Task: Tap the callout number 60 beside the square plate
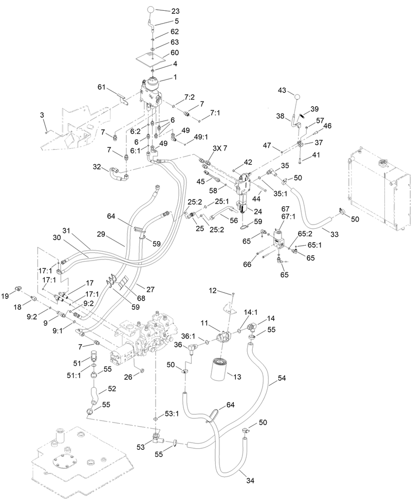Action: coord(175,52)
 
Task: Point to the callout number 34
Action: coord(250,481)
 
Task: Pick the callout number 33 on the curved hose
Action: coord(334,234)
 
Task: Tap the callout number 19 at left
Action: coord(6,296)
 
